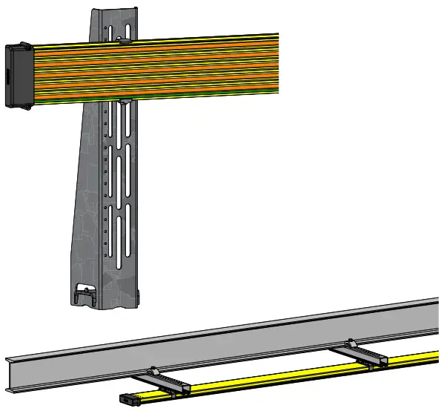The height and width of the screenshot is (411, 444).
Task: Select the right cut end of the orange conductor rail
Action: click(276, 63)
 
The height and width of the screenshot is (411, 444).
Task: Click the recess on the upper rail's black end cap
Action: click(8, 75)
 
